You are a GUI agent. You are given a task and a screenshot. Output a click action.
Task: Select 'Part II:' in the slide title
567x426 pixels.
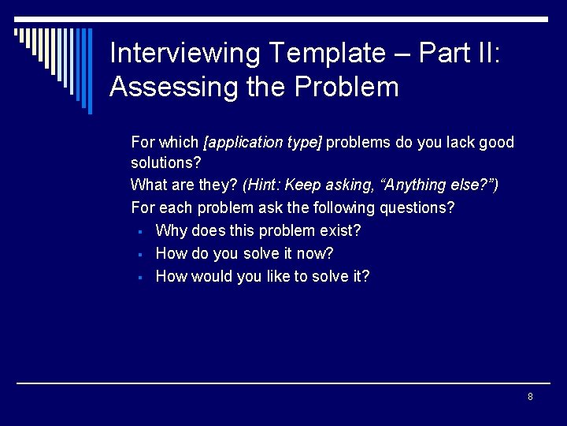[x=459, y=54]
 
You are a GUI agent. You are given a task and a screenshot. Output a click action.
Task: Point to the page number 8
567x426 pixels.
[x=530, y=397]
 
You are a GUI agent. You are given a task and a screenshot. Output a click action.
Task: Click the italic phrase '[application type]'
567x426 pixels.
[x=262, y=143]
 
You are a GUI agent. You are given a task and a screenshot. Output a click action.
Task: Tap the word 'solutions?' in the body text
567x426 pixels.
[x=166, y=163]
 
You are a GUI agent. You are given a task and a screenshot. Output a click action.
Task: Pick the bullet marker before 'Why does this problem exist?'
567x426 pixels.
[x=138, y=232]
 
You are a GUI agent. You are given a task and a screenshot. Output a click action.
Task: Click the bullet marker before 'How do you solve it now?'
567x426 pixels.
[x=138, y=255]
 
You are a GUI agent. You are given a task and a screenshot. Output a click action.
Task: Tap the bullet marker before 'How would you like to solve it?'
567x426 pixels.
[x=138, y=277]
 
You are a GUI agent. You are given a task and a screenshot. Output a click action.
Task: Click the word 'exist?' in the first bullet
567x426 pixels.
[x=340, y=231]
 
